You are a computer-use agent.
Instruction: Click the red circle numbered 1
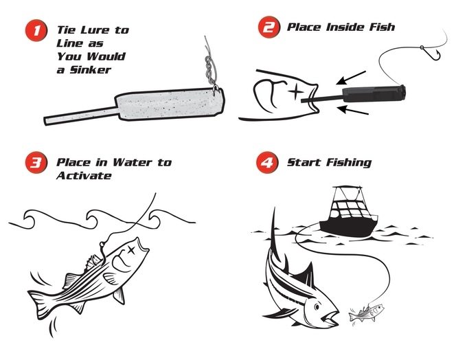click(36, 30)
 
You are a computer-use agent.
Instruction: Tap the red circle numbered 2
click(269, 27)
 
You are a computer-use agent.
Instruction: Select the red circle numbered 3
click(36, 162)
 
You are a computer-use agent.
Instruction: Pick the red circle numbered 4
click(267, 162)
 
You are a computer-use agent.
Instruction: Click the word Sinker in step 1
click(91, 70)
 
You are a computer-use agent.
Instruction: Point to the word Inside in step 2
click(345, 27)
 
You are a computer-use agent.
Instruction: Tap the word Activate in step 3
click(84, 175)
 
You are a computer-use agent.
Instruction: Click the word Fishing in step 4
click(349, 163)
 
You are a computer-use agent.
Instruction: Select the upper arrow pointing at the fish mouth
click(351, 77)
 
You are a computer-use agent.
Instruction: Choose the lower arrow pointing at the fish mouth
click(353, 110)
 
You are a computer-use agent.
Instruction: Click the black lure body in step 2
click(374, 93)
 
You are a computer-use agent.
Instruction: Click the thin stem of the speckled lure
click(81, 115)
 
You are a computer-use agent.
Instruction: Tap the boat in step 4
click(348, 212)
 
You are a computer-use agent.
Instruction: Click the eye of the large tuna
click(317, 306)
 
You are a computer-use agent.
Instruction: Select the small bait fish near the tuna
click(366, 313)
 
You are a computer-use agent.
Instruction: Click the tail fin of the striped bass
click(41, 301)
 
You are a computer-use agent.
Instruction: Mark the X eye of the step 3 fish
click(131, 250)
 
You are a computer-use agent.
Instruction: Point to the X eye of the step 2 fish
click(295, 91)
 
